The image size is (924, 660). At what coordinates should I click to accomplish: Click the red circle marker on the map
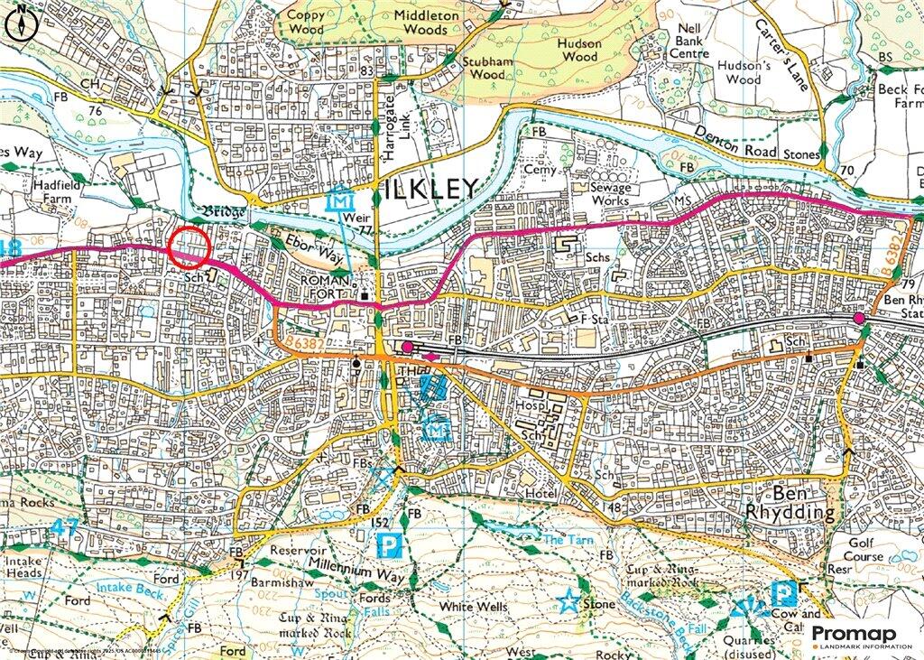click(189, 246)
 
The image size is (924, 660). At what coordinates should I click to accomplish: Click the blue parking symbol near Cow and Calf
click(783, 593)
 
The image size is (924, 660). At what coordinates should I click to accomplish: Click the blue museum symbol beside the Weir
click(337, 201)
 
